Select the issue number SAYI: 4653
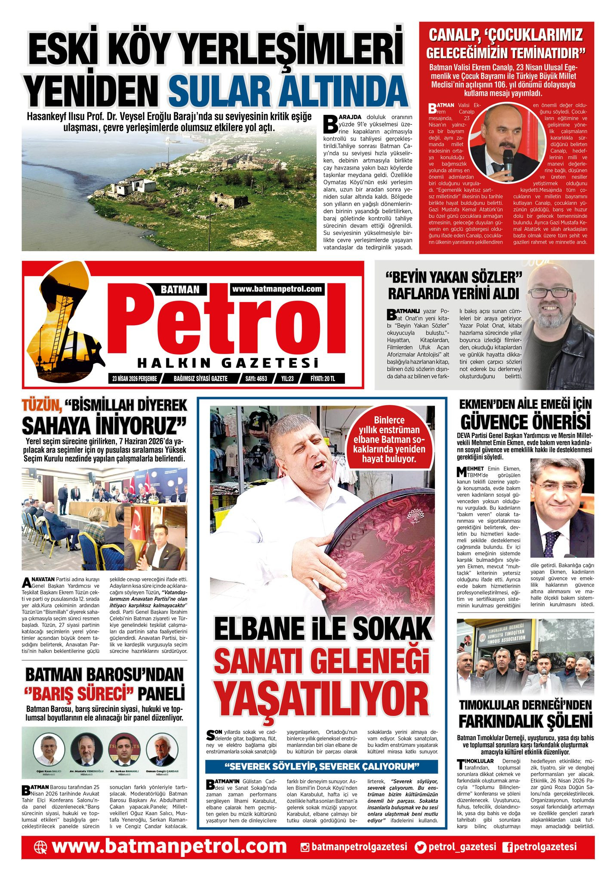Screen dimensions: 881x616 pyautogui.click(x=256, y=379)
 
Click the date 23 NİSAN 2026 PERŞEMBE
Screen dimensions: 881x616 pyautogui.click(x=134, y=379)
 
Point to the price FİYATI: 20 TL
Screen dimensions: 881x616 pyautogui.click(x=323, y=379)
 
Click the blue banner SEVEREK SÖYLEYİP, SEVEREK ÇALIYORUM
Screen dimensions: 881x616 pyautogui.click(x=321, y=766)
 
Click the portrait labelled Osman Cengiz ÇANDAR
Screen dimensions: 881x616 pyautogui.click(x=162, y=750)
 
